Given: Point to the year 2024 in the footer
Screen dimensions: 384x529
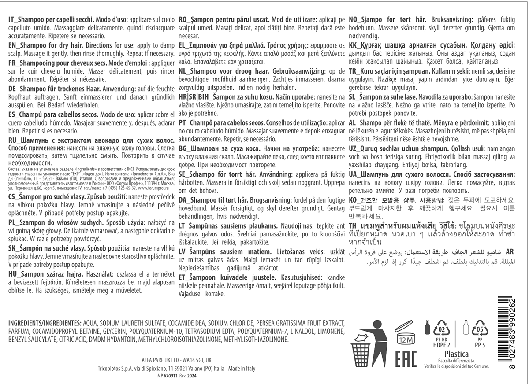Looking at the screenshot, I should (191, 376).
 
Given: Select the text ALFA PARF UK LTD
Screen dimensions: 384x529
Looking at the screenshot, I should (158, 359).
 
